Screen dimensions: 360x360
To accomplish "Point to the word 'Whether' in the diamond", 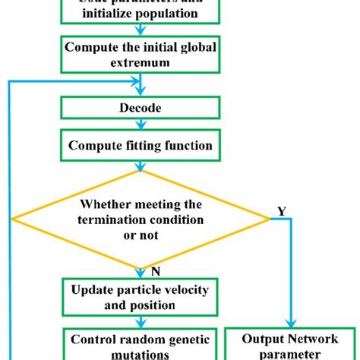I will click(x=104, y=204).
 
